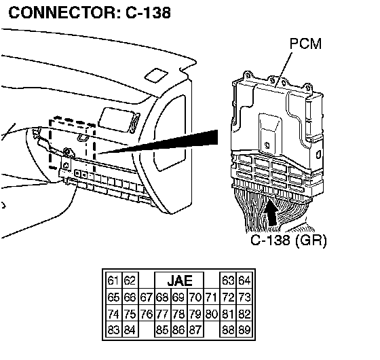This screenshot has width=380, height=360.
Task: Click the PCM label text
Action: (305, 43)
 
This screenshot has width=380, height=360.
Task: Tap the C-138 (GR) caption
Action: (288, 240)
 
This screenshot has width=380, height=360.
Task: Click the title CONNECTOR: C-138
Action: (90, 12)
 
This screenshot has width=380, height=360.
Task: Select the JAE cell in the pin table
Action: (179, 281)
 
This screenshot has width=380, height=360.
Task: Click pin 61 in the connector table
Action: (113, 281)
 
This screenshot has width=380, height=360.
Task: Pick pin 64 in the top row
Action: (244, 281)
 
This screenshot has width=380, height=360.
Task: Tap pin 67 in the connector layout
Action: (146, 298)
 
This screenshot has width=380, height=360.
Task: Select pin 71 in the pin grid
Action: (211, 298)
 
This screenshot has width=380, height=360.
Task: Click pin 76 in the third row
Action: (146, 314)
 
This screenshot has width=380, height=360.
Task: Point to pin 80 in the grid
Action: (211, 314)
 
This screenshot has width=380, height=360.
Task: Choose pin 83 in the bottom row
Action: (113, 330)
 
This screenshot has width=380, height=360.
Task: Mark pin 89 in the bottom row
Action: (244, 330)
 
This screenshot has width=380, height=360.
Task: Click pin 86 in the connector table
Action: (179, 330)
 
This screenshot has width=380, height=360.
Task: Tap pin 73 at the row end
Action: (244, 298)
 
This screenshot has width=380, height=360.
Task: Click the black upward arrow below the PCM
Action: (271, 213)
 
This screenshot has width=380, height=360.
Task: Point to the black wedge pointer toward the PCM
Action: (157, 142)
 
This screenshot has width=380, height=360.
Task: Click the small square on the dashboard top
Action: (156, 75)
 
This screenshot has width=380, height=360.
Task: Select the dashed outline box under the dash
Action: (72, 143)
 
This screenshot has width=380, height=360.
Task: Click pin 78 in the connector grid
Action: (179, 314)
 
